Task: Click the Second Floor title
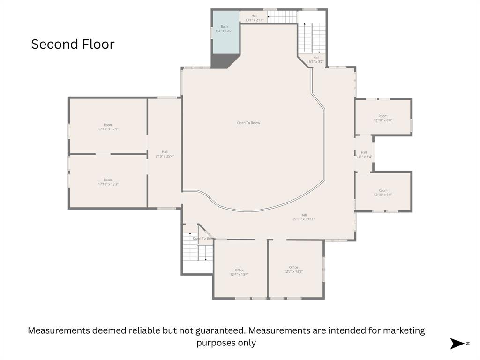[x=73, y=44]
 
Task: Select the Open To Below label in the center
[x=248, y=123]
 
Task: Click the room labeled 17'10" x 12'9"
[x=108, y=127]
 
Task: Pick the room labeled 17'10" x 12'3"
[x=108, y=182]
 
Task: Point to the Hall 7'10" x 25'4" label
[x=165, y=154]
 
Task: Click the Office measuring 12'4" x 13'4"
[x=239, y=272]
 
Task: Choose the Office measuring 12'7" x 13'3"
[x=293, y=269]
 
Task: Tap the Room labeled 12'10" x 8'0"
[x=383, y=118]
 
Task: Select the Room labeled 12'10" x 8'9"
[x=383, y=192]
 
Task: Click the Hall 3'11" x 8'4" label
[x=364, y=154]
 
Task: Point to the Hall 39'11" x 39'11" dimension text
[x=304, y=219]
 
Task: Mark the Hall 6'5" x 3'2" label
[x=316, y=60]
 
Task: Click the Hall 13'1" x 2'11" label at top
[x=255, y=18]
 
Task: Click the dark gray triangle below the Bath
[x=223, y=61]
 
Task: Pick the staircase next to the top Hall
[x=282, y=17]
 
